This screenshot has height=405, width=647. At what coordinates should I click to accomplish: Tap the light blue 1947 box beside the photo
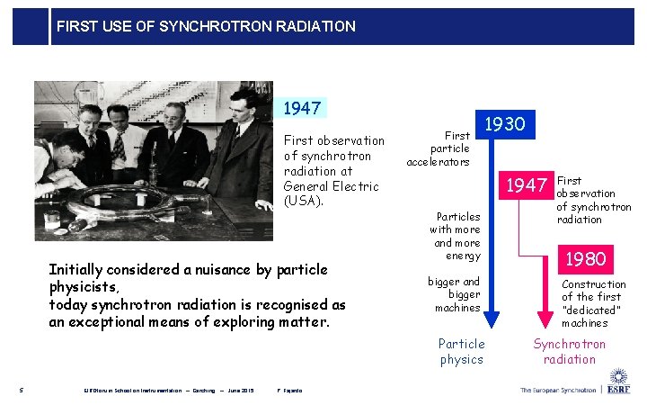coord(301,109)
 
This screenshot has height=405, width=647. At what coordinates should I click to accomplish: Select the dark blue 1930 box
coord(505,124)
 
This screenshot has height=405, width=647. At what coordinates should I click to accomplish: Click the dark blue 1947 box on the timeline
coord(526,185)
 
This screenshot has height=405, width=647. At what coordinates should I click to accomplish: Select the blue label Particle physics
coord(461,351)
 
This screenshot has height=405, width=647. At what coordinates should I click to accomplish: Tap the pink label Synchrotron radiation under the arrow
coord(569,351)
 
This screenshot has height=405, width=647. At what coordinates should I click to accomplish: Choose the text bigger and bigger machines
coord(458,294)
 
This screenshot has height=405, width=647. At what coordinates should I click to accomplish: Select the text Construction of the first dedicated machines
coord(593,303)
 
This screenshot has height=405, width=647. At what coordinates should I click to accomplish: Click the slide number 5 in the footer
coord(21,390)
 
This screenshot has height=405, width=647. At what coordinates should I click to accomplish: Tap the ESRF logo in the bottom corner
coord(618,383)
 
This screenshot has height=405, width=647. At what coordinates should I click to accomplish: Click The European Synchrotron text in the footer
coord(557,390)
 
